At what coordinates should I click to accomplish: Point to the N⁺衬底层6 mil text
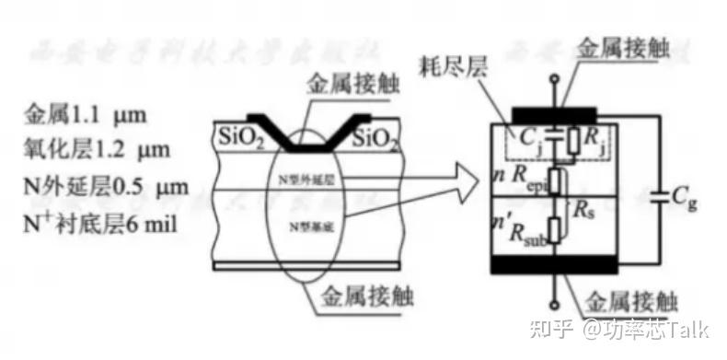(x=102, y=223)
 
